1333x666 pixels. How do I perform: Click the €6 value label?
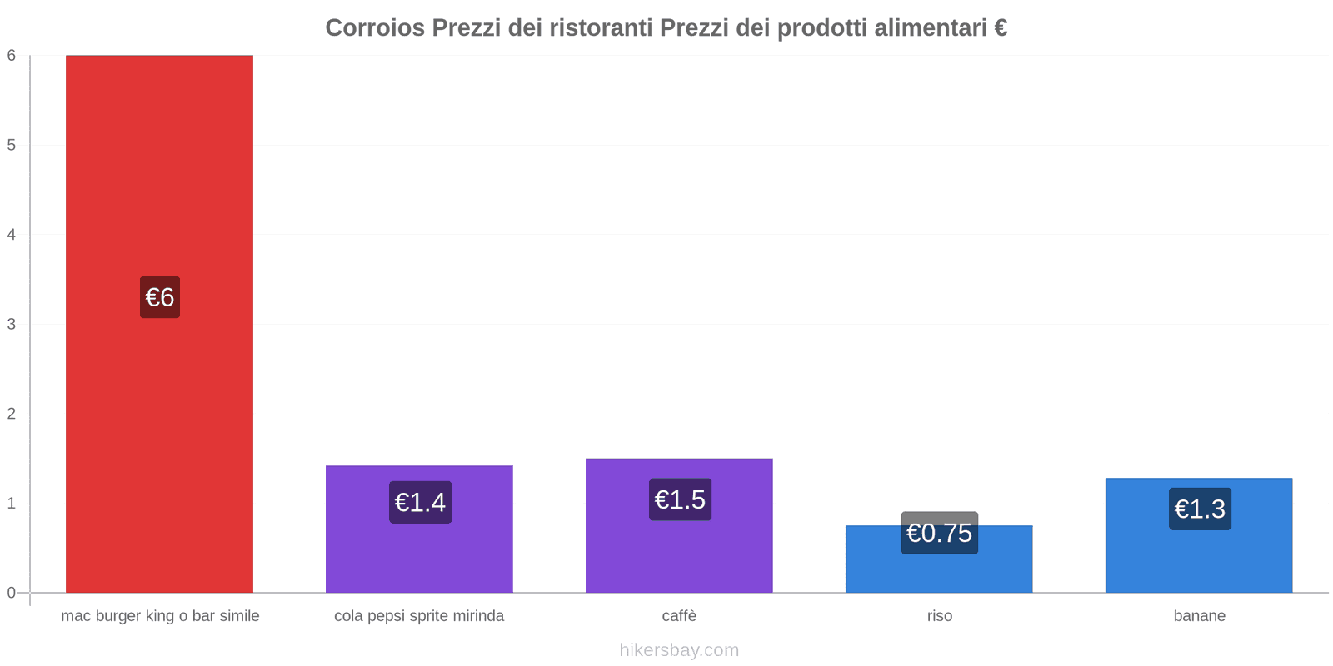point(159,297)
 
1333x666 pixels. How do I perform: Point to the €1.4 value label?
point(420,502)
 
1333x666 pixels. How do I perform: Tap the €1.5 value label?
point(680,499)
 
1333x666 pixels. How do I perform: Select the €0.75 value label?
point(939,533)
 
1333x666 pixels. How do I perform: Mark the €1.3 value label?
point(1200,509)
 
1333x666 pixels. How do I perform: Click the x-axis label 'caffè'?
point(679,616)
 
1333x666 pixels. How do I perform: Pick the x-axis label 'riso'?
point(939,616)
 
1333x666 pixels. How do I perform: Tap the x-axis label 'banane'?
point(1199,616)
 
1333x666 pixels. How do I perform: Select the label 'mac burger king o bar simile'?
point(160,616)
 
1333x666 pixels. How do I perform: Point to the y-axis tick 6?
point(12,56)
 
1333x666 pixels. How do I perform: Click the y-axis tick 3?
point(12,324)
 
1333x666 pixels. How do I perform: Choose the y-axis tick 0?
point(12,593)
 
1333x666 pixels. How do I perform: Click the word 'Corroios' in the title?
point(374,28)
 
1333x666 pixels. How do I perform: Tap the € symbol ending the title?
point(1000,28)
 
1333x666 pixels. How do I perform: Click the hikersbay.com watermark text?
point(679,650)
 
